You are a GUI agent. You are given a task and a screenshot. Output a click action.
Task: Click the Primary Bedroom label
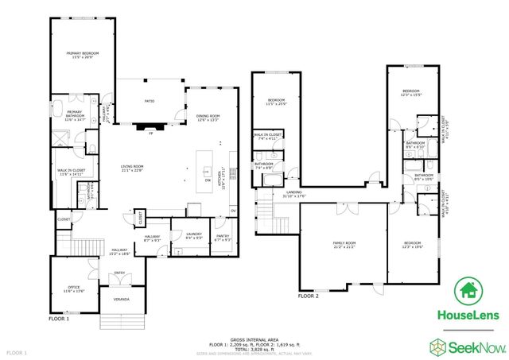[83, 55]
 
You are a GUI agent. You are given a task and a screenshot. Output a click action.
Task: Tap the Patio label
[149, 102]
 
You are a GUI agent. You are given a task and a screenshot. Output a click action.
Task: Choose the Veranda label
[121, 299]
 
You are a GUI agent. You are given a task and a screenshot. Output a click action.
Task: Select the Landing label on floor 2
[293, 194]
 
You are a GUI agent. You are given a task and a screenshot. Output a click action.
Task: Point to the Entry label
[120, 273]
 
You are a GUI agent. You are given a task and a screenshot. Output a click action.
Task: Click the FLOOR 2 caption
[308, 296]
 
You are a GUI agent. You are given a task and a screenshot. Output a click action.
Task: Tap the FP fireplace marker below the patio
[150, 133]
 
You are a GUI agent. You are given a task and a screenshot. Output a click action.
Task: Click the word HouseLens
[469, 315]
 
